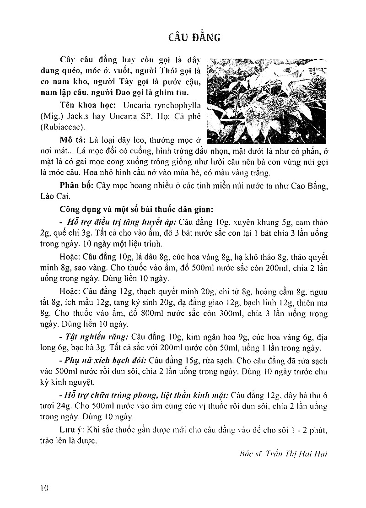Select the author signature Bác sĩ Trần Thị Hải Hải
coord(284,454)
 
